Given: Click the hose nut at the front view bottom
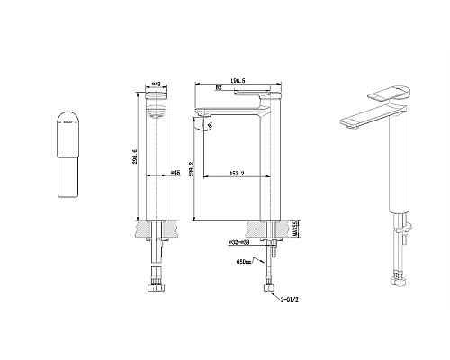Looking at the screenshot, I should (x=154, y=285).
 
